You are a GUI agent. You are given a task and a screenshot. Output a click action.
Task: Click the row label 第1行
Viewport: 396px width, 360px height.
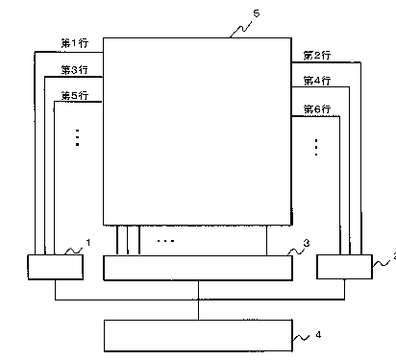coord(75,43)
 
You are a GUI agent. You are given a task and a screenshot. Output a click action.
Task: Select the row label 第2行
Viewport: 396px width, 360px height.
coord(317,56)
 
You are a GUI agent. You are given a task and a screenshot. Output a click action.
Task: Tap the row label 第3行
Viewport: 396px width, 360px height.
coord(75,70)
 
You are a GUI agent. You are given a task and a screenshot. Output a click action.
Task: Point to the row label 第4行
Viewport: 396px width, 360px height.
coord(317,81)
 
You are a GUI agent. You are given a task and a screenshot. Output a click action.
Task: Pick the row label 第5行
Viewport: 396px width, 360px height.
coord(75,95)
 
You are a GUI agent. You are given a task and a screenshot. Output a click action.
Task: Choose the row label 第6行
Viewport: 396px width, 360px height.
coord(317,109)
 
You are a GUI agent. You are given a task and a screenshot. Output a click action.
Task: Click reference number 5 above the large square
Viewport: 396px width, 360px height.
coord(257,13)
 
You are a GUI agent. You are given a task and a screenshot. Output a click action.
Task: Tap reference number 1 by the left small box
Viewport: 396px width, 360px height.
coord(88,243)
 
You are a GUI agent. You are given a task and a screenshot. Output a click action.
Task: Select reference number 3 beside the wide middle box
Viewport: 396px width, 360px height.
coord(307,243)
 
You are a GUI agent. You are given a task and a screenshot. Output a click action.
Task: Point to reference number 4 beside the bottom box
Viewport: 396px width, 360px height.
coord(318,335)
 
